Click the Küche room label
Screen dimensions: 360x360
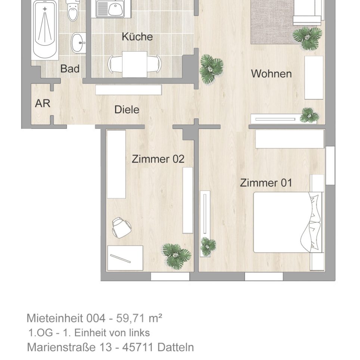click(x=137, y=37)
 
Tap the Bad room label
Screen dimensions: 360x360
click(x=70, y=69)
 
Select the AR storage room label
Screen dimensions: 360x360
click(x=43, y=103)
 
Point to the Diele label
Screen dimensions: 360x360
click(x=127, y=110)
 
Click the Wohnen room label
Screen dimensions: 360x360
click(x=271, y=74)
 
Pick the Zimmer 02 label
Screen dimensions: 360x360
click(x=158, y=159)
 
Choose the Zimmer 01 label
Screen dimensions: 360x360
click(x=266, y=183)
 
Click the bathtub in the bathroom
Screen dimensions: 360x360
click(x=45, y=30)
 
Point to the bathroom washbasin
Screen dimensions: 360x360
click(x=79, y=42)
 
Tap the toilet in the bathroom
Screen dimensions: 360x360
click(x=72, y=11)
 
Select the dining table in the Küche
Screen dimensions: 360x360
click(x=134, y=64)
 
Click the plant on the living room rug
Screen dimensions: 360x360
click(x=307, y=38)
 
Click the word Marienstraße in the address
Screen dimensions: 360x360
click(x=69, y=347)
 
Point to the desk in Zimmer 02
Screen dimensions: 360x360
click(x=125, y=258)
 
